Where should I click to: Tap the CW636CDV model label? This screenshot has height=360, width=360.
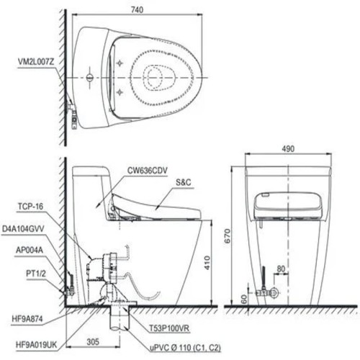149,171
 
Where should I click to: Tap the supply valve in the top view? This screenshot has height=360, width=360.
73,108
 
